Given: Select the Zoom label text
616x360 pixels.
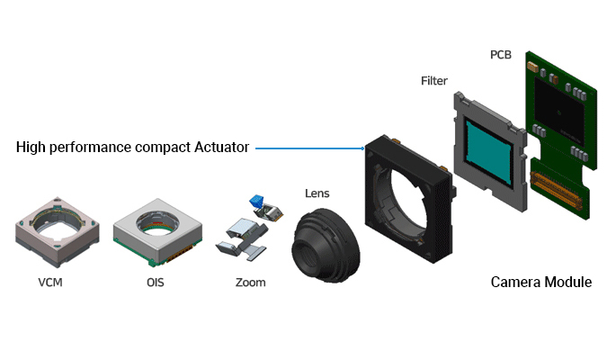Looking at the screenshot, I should tap(250, 283).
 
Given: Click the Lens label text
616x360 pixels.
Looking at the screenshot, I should tap(317, 192).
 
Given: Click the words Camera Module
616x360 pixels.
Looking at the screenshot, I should tap(540, 283).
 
